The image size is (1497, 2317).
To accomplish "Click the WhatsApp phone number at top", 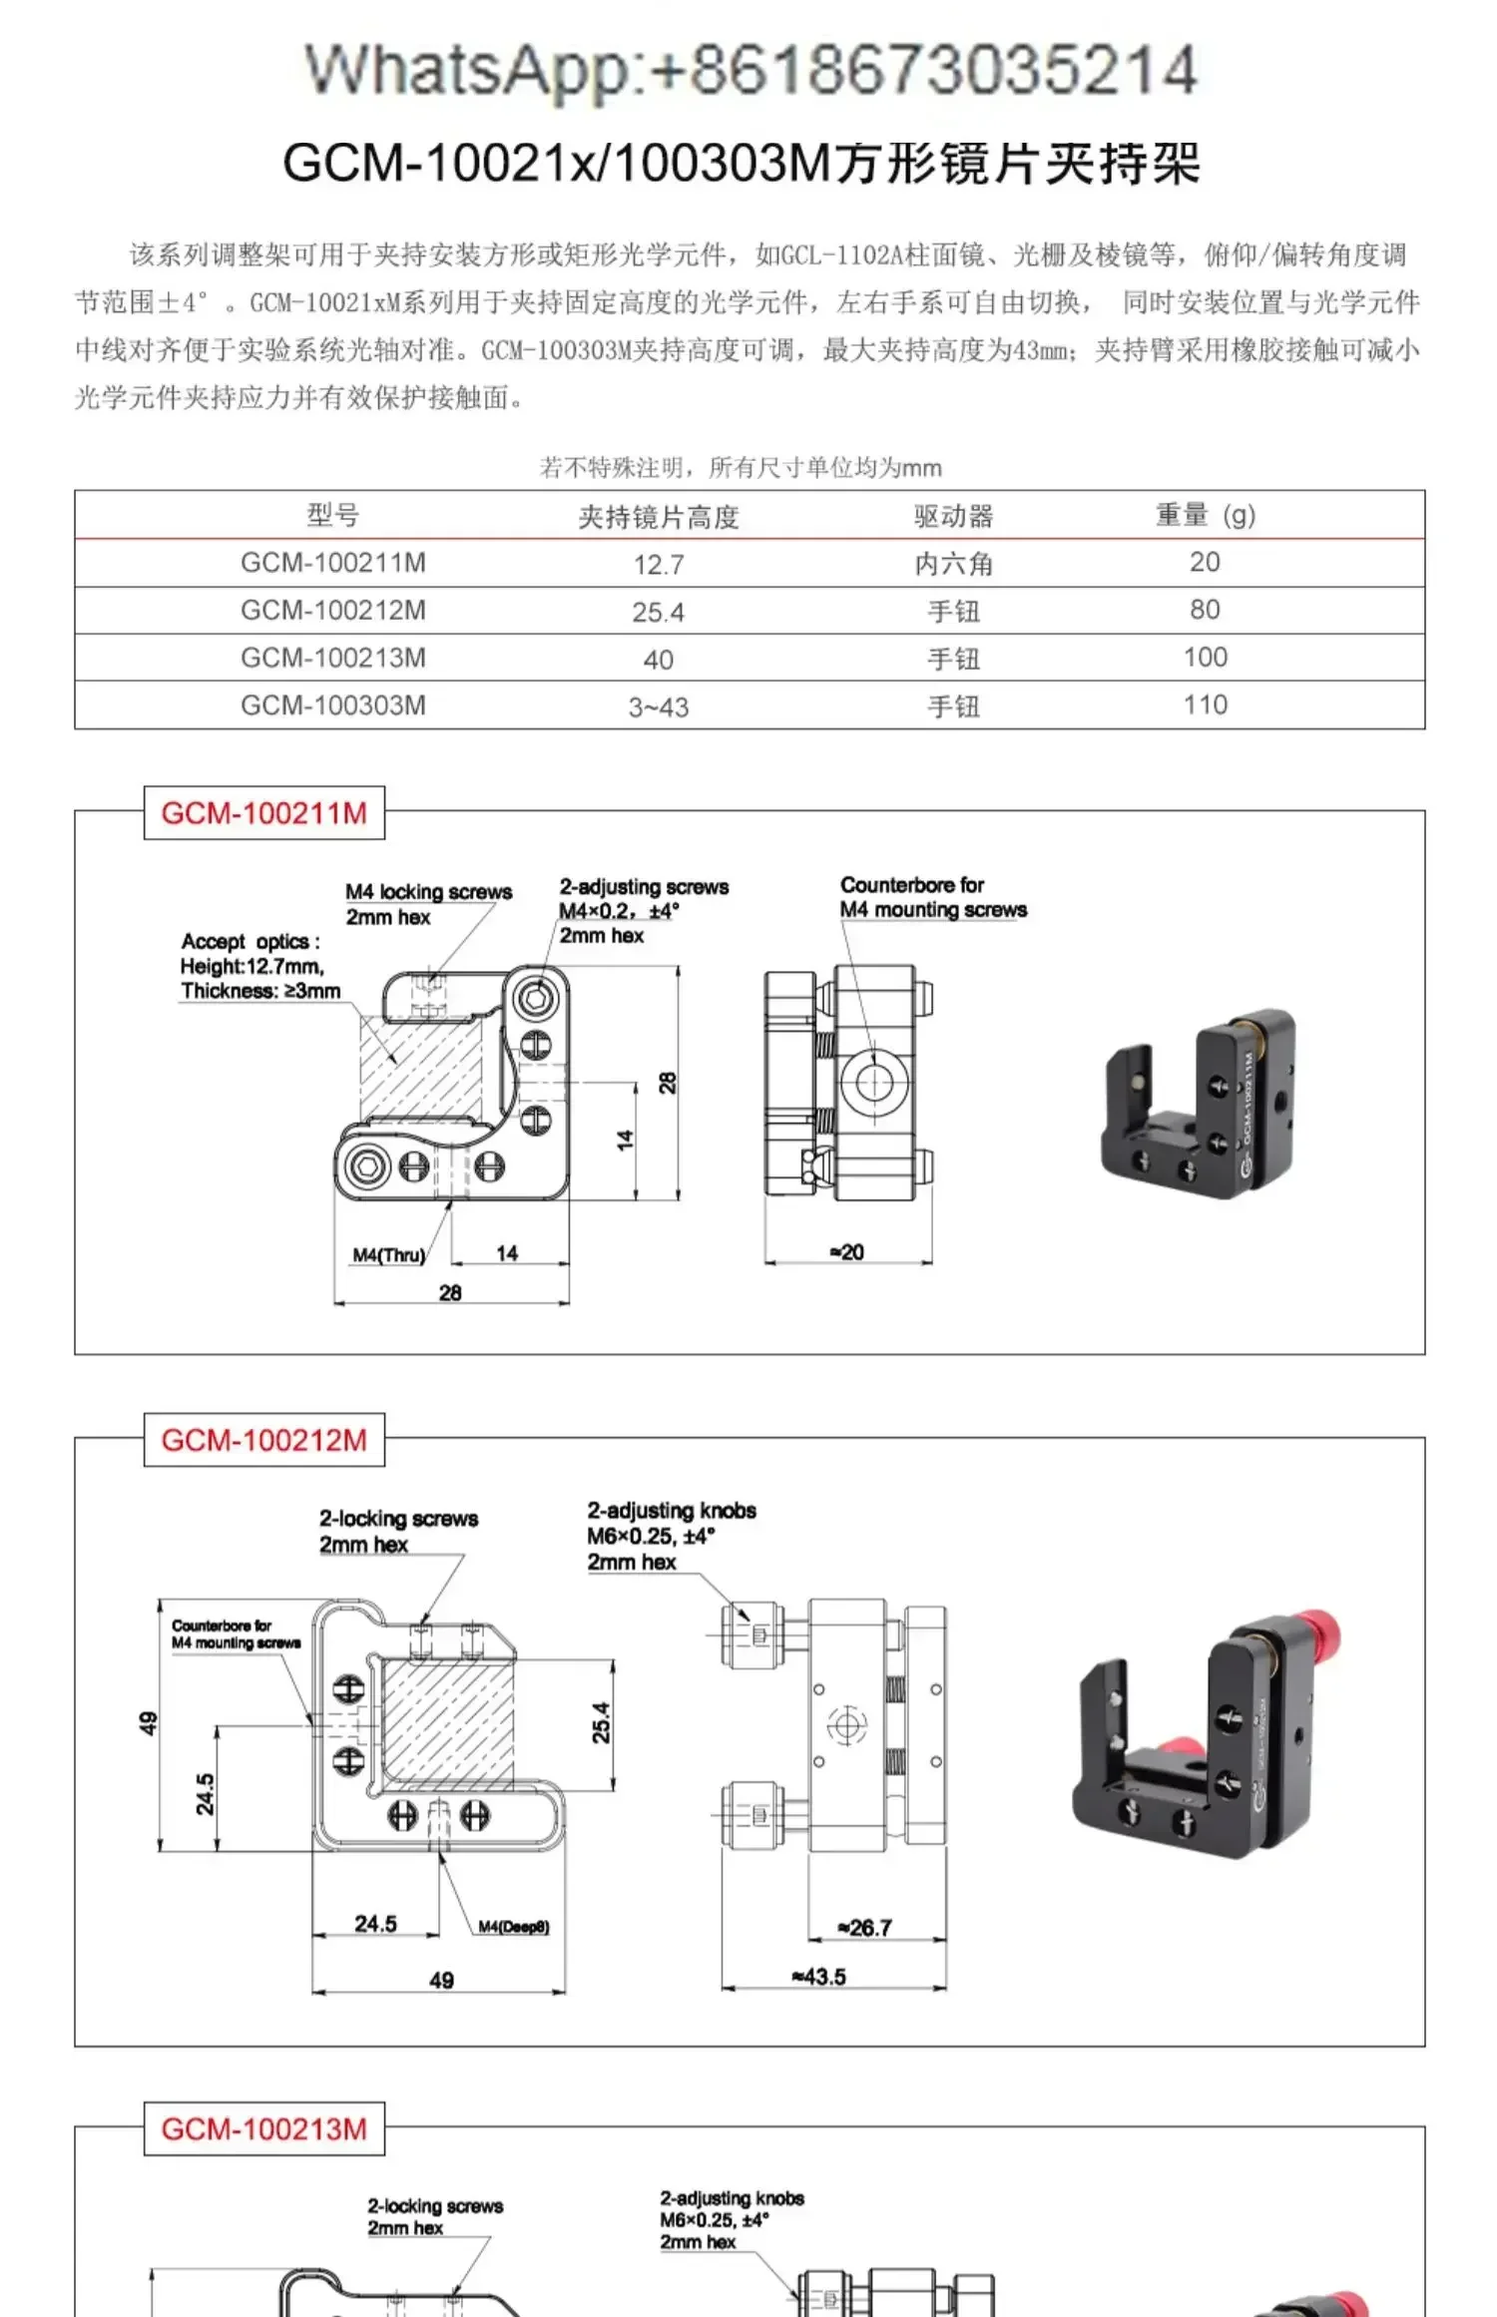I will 750,70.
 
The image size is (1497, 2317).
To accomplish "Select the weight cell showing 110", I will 1205,705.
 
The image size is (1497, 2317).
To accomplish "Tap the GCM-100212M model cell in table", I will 332,611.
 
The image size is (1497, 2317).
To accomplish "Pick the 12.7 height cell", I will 658,565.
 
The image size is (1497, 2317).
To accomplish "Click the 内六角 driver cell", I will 953,565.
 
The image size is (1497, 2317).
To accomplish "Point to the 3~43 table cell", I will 658,707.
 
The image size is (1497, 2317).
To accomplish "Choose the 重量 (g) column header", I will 1205,515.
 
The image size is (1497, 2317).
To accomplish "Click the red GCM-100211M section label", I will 263,813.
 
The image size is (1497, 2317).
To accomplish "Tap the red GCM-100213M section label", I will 263,2128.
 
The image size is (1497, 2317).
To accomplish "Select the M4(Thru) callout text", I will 388,1254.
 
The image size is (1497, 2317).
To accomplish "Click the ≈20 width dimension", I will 847,1251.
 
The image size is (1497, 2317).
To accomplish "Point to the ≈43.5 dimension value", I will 818,1976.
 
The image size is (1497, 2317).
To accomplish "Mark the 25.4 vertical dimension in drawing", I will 601,1722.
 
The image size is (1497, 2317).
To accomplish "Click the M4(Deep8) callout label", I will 513,1926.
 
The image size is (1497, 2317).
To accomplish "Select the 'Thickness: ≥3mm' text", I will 260,991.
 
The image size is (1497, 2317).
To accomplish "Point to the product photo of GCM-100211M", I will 1198,1103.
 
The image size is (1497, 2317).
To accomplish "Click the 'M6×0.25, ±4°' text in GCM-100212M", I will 651,1536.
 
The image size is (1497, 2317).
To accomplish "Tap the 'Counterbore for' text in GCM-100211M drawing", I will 911,885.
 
